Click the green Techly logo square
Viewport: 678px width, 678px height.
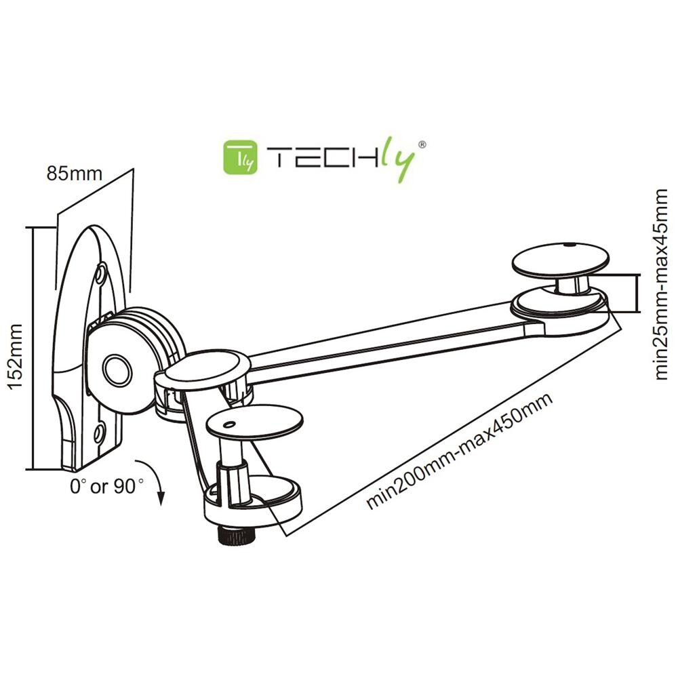pyautogui.click(x=239, y=157)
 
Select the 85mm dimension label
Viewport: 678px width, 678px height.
pyautogui.click(x=75, y=174)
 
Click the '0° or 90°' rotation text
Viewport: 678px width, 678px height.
pyautogui.click(x=107, y=485)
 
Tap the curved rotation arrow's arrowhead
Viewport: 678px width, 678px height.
pyautogui.click(x=161, y=499)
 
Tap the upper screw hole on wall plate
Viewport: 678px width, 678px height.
pyautogui.click(x=101, y=273)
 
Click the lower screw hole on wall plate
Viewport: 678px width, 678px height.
pyautogui.click(x=100, y=431)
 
